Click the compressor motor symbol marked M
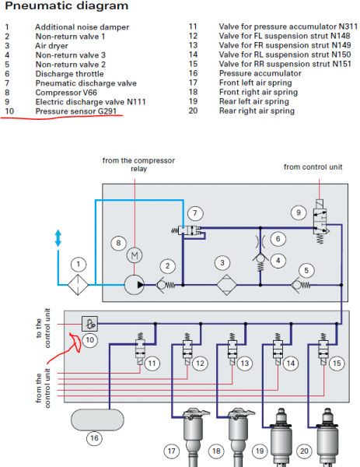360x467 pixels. (135, 255)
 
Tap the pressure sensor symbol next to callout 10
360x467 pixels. (89, 324)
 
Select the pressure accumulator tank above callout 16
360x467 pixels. (97, 420)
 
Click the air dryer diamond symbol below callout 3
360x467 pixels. (226, 285)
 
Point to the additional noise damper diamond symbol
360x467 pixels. (79, 285)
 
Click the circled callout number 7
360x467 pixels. (195, 213)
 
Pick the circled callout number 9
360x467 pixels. (299, 212)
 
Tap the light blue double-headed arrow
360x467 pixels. (58, 238)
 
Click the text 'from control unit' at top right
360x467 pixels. (313, 167)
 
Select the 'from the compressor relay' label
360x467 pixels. (138, 164)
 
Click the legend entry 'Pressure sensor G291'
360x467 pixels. (76, 111)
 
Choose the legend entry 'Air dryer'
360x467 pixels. (51, 46)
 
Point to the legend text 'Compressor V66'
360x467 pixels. (66, 93)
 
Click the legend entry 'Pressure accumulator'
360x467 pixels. (260, 73)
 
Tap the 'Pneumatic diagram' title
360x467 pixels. (67, 6)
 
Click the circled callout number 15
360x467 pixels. (337, 363)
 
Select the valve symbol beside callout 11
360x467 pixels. (140, 349)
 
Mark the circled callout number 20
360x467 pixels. (304, 451)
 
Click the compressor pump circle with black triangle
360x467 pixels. (135, 285)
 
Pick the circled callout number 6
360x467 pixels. (278, 239)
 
